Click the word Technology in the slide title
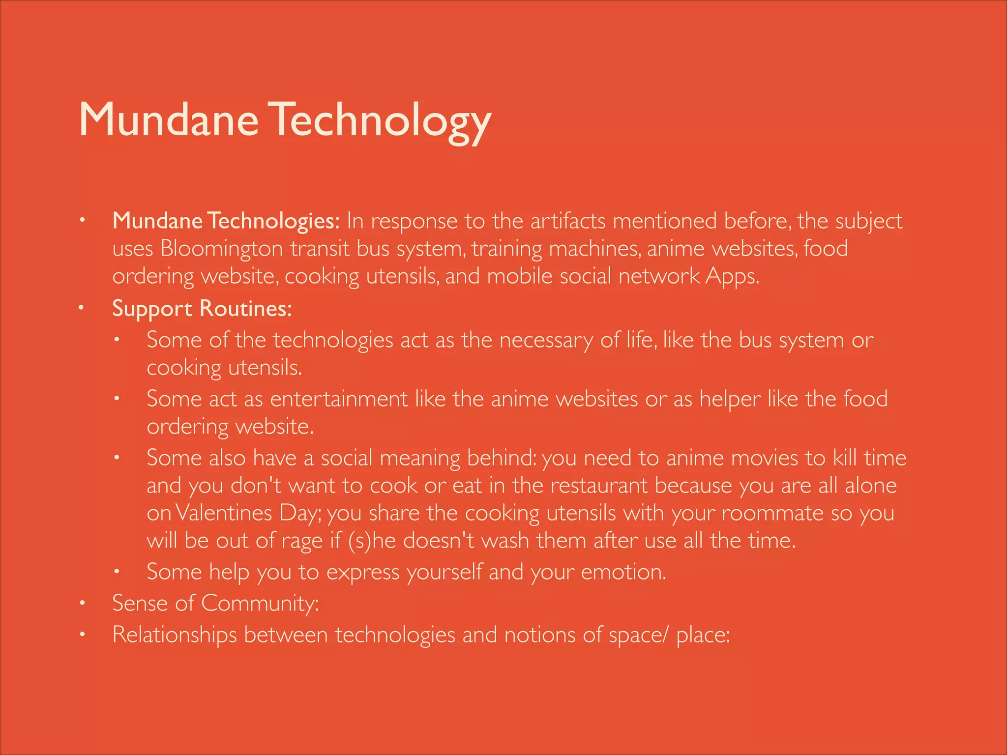point(381,120)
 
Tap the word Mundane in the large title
point(169,120)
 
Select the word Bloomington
point(221,249)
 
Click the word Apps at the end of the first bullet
point(733,277)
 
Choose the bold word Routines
point(245,309)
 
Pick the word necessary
point(546,340)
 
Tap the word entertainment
point(339,399)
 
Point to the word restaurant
point(599,486)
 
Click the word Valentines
point(223,513)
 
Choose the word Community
point(260,603)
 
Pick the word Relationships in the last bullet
point(175,635)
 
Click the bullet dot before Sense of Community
point(83,603)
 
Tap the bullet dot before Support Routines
point(83,308)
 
